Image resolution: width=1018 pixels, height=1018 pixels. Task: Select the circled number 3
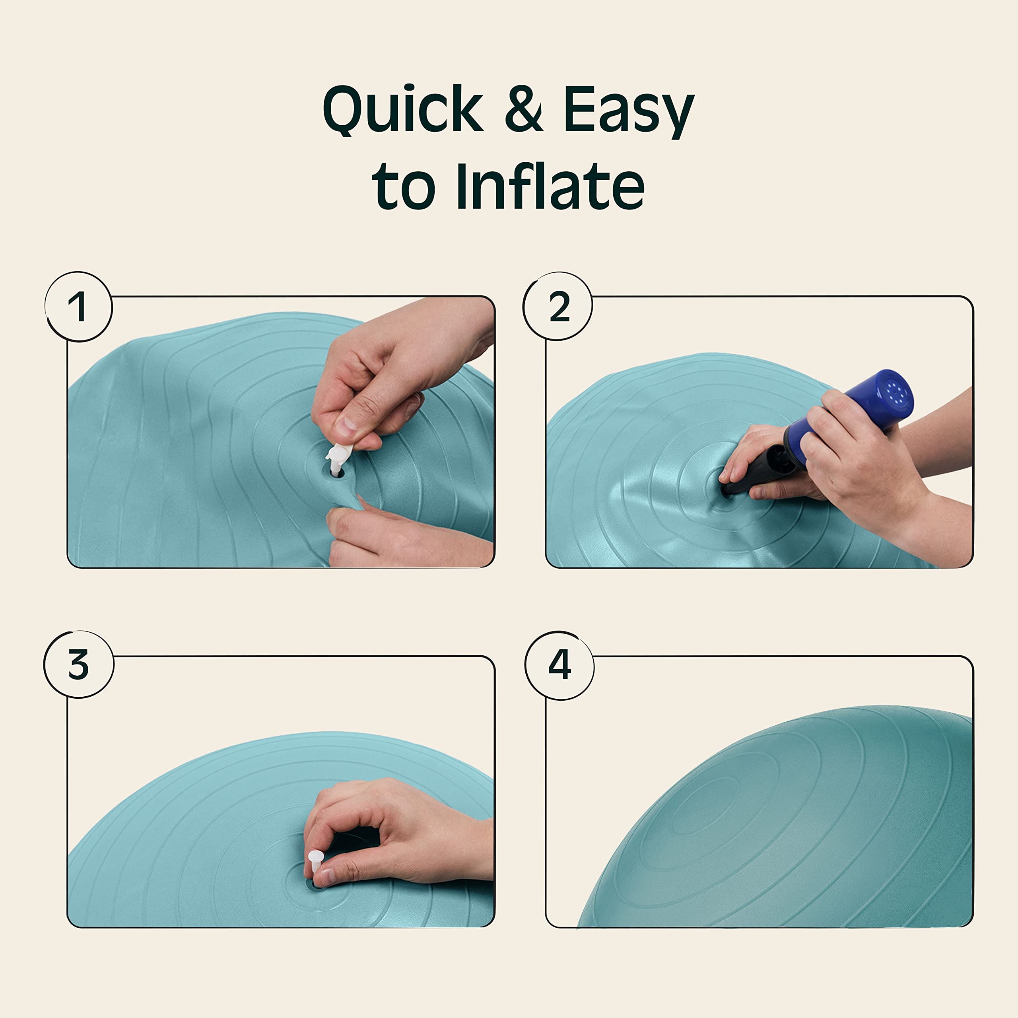[x=78, y=665]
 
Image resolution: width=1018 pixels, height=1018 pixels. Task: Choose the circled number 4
[x=560, y=665]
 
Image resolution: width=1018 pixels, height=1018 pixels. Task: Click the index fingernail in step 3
[x=328, y=877]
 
